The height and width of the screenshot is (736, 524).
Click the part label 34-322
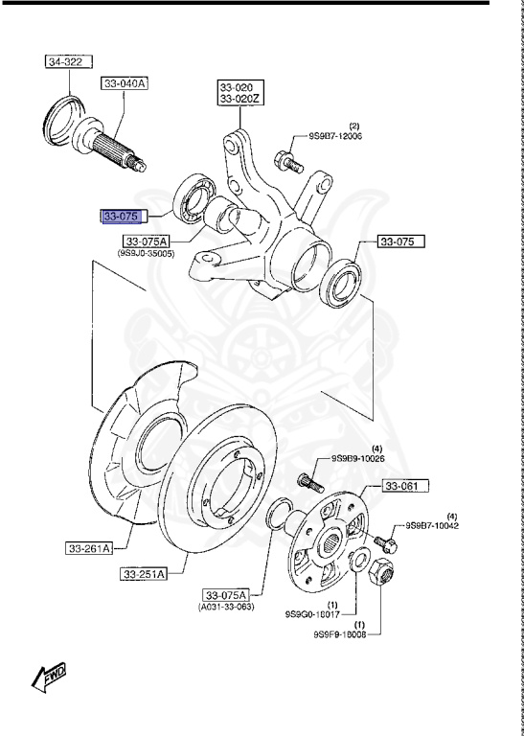(x=66, y=63)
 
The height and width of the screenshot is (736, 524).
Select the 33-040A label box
(x=125, y=84)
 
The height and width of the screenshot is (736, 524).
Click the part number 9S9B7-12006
(x=335, y=137)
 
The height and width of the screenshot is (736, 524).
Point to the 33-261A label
(x=90, y=548)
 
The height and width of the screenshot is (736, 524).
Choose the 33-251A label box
(x=144, y=574)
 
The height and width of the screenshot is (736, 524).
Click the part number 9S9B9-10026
(x=358, y=459)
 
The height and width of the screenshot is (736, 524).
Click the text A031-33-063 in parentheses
(x=227, y=608)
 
